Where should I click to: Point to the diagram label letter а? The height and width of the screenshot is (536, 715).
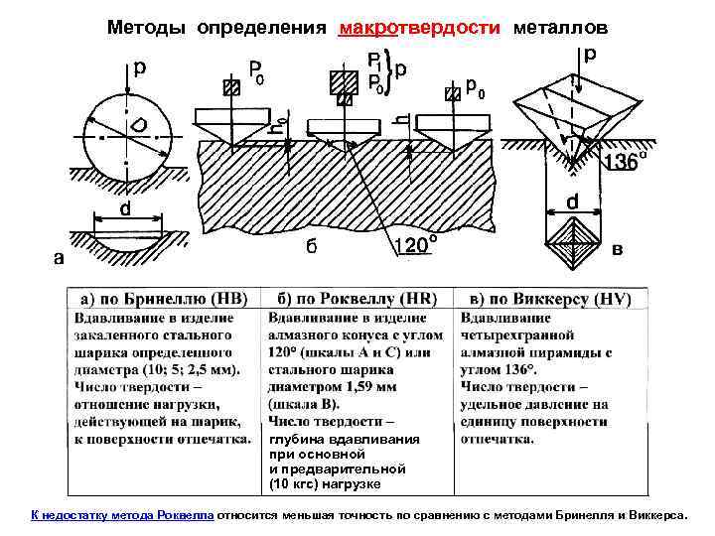[x=60, y=258]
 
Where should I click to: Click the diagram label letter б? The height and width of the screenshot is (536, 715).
[x=311, y=246]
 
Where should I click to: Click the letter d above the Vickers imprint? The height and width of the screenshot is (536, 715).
[x=573, y=201]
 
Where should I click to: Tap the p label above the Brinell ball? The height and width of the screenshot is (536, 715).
[x=140, y=67]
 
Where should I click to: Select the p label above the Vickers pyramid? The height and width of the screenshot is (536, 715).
[x=592, y=52]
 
